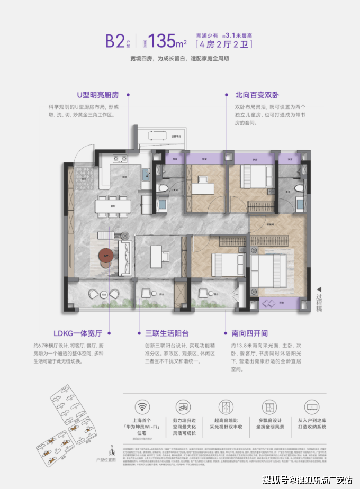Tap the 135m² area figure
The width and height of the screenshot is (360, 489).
click(x=165, y=41)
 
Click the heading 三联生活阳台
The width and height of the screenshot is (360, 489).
click(x=166, y=333)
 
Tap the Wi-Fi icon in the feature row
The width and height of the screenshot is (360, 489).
click(x=141, y=408)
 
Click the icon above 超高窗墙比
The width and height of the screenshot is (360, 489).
click(x=228, y=408)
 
